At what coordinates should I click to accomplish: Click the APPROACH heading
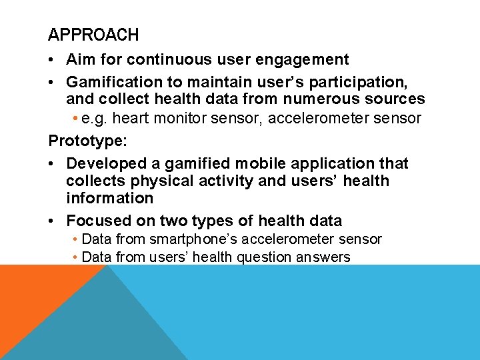click(93, 35)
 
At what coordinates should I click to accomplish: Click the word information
click(109, 198)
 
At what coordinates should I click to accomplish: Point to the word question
click(255, 257)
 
